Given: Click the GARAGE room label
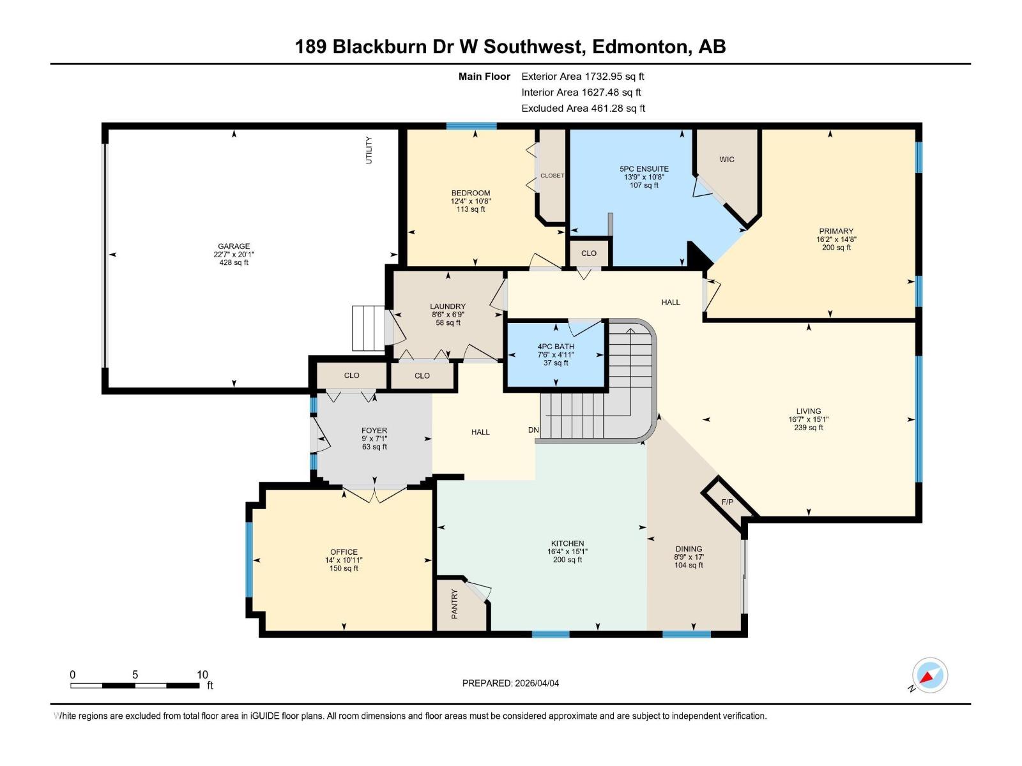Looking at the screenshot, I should (234, 246).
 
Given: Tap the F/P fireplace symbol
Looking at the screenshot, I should (728, 502).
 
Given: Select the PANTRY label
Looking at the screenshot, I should (455, 603).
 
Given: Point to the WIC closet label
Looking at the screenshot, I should (727, 160).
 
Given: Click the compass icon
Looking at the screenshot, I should (929, 675).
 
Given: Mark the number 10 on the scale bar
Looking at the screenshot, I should (202, 675).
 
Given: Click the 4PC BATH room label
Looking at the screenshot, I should (556, 347).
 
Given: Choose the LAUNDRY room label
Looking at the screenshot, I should (448, 306).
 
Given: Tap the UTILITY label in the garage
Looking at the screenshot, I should (369, 151).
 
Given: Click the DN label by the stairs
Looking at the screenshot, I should (533, 430).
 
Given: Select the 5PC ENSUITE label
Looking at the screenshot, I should (644, 169).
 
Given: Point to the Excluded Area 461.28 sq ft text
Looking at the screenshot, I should (583, 109).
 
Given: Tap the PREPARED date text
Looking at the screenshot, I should (510, 683).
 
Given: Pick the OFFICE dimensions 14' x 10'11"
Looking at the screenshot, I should (344, 560).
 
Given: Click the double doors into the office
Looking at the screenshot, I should (375, 495).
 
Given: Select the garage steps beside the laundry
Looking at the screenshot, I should (369, 328).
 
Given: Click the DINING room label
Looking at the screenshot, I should (689, 549).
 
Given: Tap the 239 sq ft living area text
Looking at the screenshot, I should (809, 428).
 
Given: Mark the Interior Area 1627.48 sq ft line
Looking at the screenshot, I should (581, 93).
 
